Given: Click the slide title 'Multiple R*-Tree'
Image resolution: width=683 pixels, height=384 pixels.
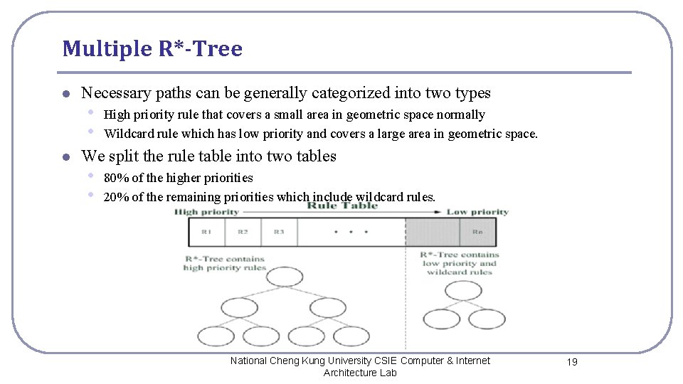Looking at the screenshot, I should pyautogui.click(x=152, y=49).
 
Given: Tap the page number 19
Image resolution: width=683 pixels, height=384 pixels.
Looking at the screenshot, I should pyautogui.click(x=572, y=362).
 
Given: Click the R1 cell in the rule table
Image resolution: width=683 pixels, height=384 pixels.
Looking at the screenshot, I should pyautogui.click(x=206, y=232).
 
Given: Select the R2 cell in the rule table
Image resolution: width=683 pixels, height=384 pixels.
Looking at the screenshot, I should pyautogui.click(x=243, y=232).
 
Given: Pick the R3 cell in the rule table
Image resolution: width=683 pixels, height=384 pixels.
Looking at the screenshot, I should pyautogui.click(x=279, y=232).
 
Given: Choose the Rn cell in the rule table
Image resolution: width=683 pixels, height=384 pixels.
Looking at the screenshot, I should pyautogui.click(x=477, y=232).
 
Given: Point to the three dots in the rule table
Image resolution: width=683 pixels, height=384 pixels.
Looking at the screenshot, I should pyautogui.click(x=351, y=232).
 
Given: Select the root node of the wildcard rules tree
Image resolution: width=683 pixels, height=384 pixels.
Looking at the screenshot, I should pyautogui.click(x=462, y=290).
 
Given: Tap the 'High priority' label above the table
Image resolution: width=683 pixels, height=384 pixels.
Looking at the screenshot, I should pyautogui.click(x=206, y=212).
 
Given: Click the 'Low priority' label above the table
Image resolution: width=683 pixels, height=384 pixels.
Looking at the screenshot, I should pyautogui.click(x=477, y=212).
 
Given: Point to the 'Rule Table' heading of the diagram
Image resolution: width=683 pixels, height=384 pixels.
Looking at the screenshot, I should pyautogui.click(x=341, y=206).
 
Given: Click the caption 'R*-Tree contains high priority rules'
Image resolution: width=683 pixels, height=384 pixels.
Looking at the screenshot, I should pyautogui.click(x=224, y=263).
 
